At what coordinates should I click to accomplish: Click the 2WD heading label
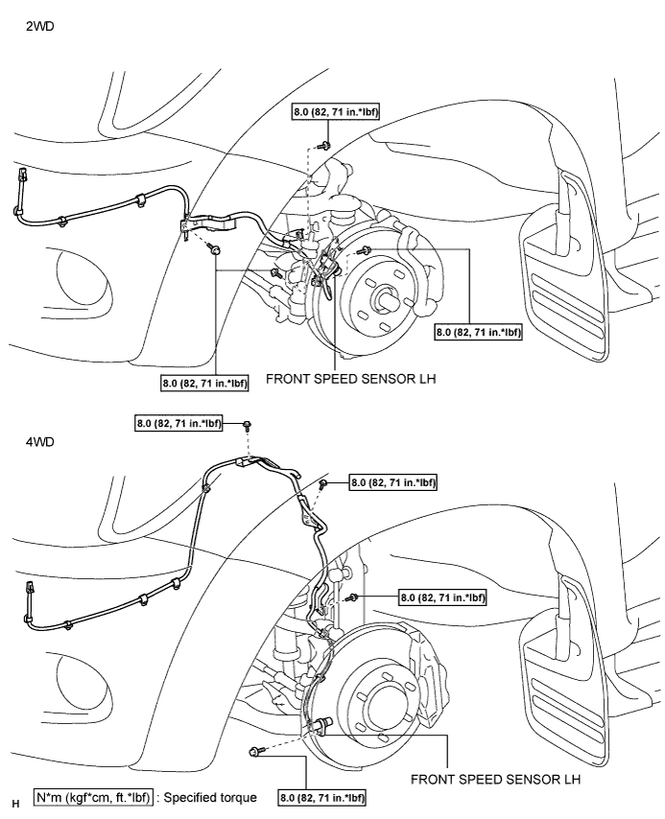[39, 26]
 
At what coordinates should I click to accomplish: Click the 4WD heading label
[39, 442]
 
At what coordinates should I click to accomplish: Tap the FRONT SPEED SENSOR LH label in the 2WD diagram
[351, 379]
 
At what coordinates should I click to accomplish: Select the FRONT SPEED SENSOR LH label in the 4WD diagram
[495, 780]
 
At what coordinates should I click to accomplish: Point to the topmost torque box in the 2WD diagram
[336, 112]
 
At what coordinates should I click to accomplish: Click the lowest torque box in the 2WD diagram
[204, 383]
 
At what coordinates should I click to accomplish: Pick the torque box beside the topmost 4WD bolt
[178, 423]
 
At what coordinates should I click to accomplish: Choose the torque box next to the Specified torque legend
[322, 798]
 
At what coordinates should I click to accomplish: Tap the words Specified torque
[210, 798]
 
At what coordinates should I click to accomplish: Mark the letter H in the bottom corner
[15, 804]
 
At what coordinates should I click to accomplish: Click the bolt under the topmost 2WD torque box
[323, 145]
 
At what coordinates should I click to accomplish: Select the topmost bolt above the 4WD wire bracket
[248, 425]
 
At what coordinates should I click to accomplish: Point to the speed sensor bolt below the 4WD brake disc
[255, 752]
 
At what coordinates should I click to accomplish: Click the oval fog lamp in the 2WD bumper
[83, 279]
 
